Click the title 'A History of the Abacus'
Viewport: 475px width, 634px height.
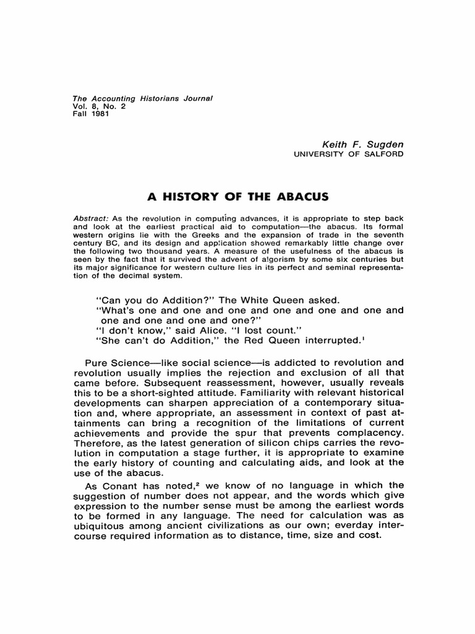click(x=237, y=197)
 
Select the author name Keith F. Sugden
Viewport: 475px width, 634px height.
click(x=367, y=144)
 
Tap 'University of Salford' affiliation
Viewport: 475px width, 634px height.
click(x=350, y=154)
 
